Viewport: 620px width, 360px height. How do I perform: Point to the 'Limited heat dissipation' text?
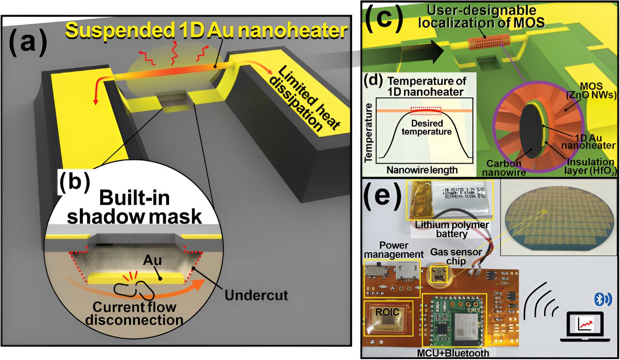(295, 102)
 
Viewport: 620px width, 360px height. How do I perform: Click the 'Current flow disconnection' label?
(134, 313)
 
